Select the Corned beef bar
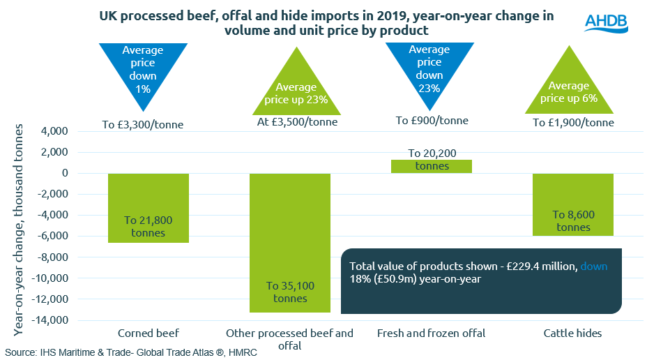tap(149, 208)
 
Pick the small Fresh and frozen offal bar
tap(432, 166)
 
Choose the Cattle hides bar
tap(573, 204)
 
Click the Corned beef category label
tap(149, 333)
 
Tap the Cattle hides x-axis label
tap(573, 333)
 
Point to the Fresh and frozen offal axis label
tap(432, 333)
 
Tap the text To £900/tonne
tap(432, 121)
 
